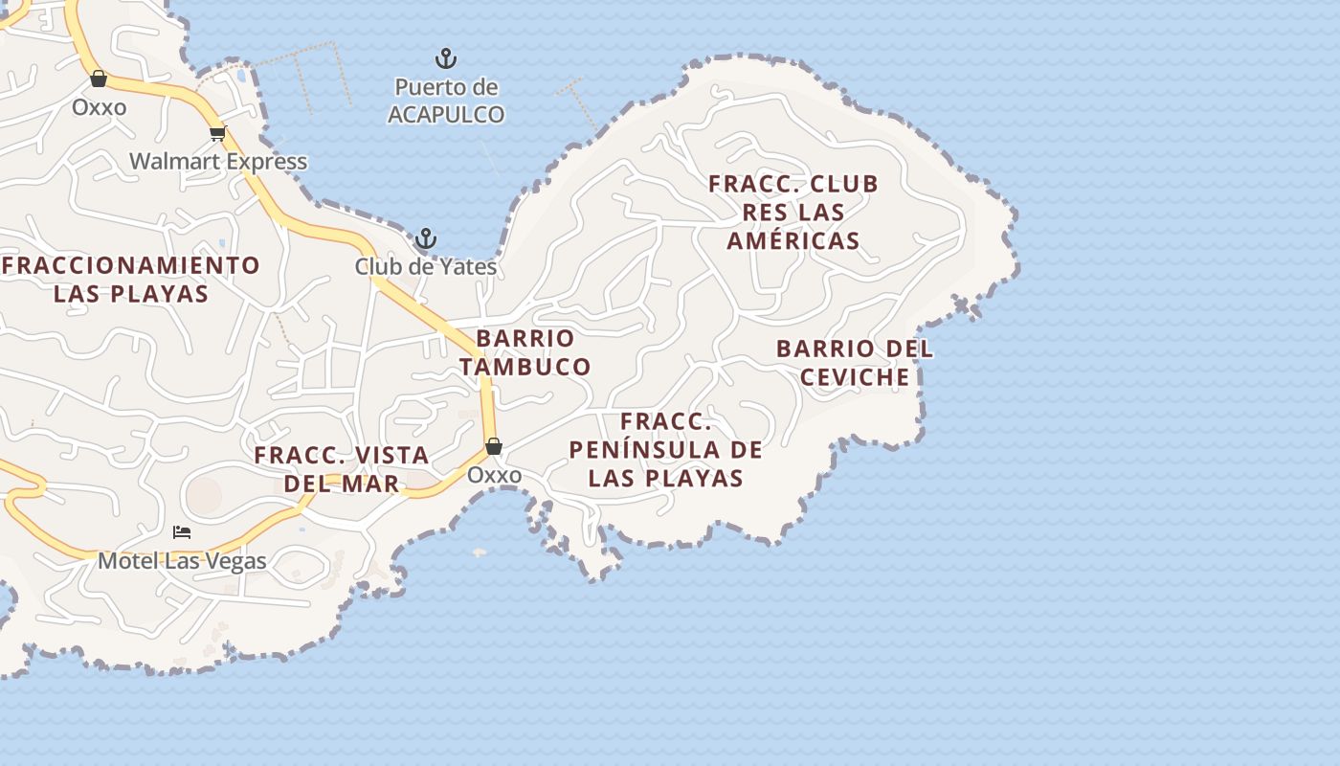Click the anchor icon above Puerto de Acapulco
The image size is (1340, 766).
446,58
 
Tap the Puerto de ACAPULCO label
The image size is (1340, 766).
446,101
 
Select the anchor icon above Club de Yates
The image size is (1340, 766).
425,238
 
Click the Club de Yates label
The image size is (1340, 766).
426,266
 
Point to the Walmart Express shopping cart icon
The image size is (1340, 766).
217,133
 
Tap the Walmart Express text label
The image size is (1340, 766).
218,161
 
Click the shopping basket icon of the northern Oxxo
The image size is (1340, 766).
99,79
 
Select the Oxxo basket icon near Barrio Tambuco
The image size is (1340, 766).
494,446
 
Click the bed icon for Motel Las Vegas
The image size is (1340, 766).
182,532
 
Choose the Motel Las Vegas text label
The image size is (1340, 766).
182,560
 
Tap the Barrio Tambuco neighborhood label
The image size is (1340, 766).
525,352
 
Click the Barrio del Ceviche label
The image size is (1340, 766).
854,363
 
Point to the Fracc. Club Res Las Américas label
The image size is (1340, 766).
793,212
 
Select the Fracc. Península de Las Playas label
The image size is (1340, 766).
665,449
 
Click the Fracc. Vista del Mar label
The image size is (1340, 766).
342,469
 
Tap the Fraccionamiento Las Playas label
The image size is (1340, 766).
131,279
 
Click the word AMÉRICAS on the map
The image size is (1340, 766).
793,240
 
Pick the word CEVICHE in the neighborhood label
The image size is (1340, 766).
854,377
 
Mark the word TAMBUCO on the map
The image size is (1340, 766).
525,367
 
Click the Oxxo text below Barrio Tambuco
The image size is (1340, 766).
494,475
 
